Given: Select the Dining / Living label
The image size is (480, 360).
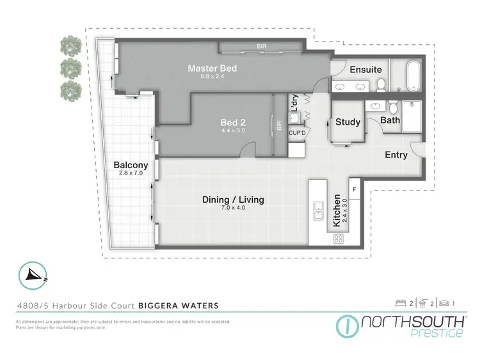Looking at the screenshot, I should tap(233, 200).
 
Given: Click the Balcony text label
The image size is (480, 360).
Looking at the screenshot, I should tap(131, 165).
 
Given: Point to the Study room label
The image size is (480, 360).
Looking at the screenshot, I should tap(348, 122).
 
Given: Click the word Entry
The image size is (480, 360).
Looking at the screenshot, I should tap(396, 155).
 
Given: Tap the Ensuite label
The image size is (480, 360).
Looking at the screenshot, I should tap(365, 70).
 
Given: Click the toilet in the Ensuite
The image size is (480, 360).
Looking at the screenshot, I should tap(380, 84).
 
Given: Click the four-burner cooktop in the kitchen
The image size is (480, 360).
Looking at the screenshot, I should tap(338, 239).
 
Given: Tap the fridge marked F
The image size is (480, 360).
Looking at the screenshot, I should tap(355, 189).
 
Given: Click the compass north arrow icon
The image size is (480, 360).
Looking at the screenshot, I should tap(33, 274).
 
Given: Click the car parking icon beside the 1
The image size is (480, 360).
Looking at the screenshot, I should tap(442, 302).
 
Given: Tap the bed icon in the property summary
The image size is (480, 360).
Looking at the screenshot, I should tap(401, 302).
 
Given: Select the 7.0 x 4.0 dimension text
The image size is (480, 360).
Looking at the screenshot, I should tap(233, 208).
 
